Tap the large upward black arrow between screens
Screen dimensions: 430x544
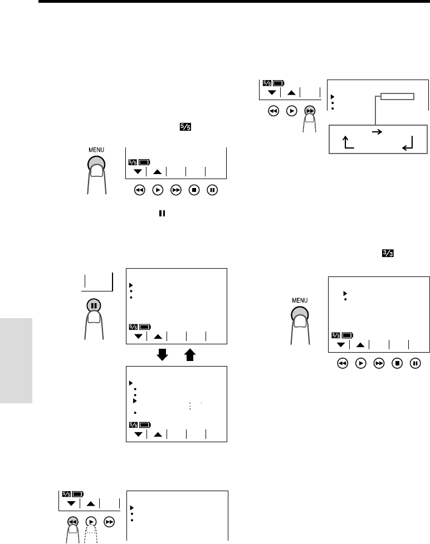[189, 355]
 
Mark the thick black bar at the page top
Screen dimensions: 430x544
[234, 2]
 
